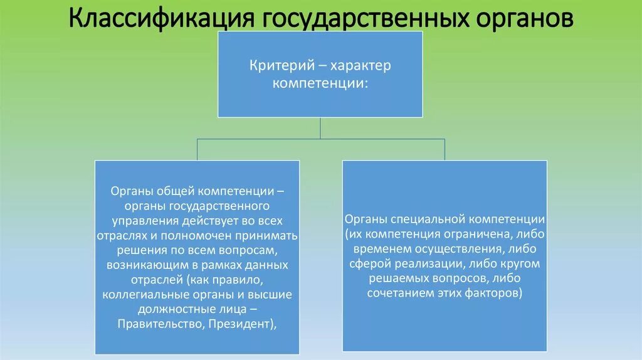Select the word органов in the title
tap(524, 18)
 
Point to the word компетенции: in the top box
tap(320, 83)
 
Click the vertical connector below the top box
tap(320, 129)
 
